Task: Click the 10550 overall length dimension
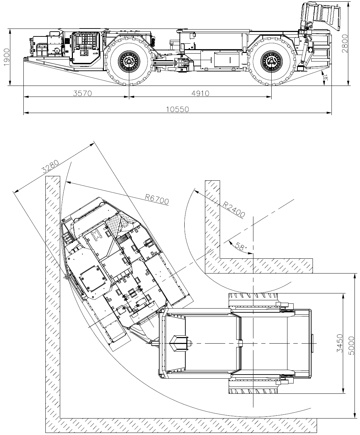point(177,109)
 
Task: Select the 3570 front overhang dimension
point(82,93)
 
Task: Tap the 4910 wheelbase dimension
point(200,93)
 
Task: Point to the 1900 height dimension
point(7,57)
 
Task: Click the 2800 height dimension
point(345,44)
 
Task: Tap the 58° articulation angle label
point(241,247)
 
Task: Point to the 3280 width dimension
point(51,166)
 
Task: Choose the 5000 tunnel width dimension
point(351,346)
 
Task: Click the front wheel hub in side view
point(129,62)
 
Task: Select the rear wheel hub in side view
point(271,62)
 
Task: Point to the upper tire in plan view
point(253,296)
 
